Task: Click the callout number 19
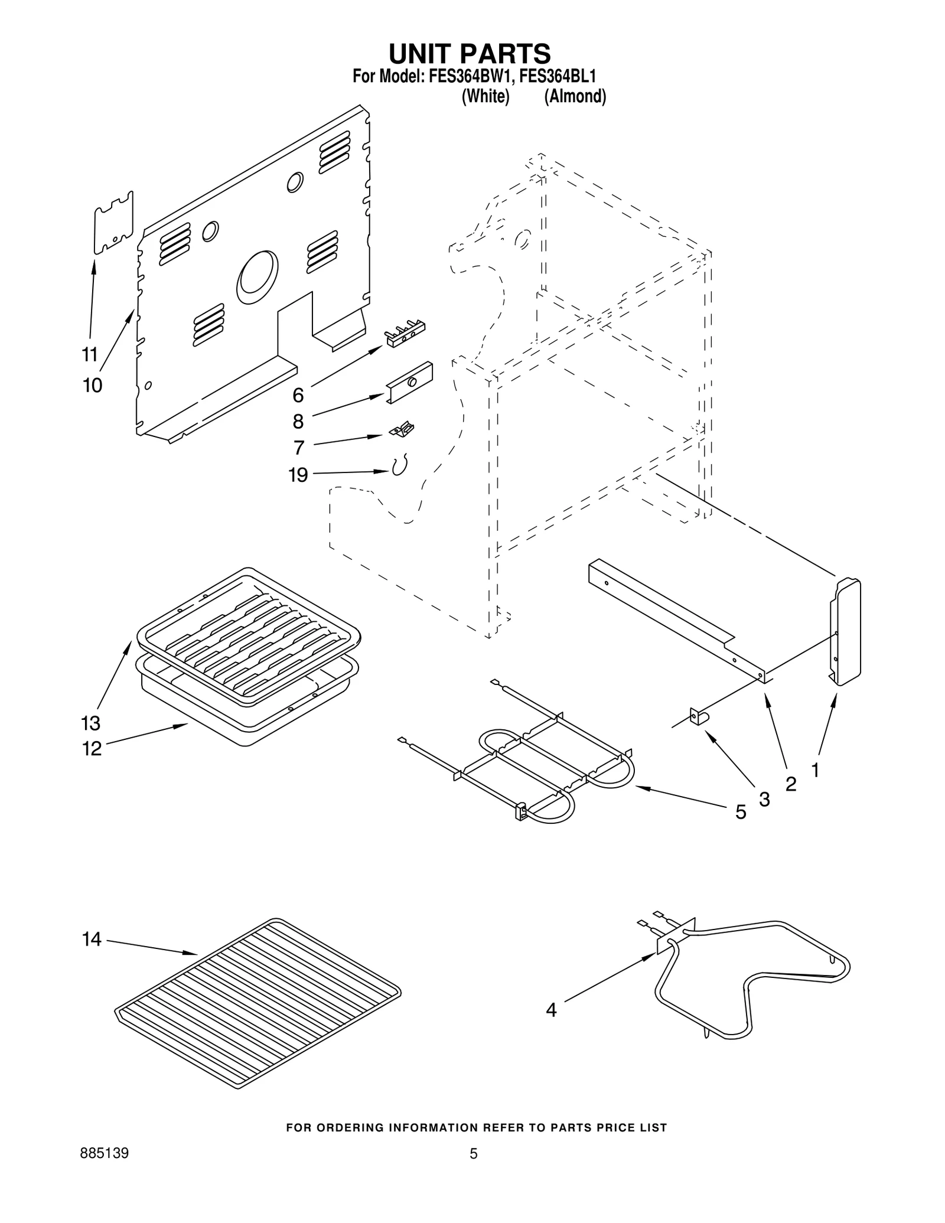(x=298, y=475)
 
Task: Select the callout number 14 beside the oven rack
(x=92, y=939)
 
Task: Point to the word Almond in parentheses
(x=575, y=96)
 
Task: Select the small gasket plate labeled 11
(x=114, y=223)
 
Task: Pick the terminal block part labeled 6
(x=405, y=335)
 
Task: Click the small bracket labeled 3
(x=699, y=717)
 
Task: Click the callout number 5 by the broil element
(x=741, y=813)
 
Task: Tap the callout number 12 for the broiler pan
(x=92, y=749)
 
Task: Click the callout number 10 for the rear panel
(x=92, y=386)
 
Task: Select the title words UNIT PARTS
(x=470, y=53)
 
